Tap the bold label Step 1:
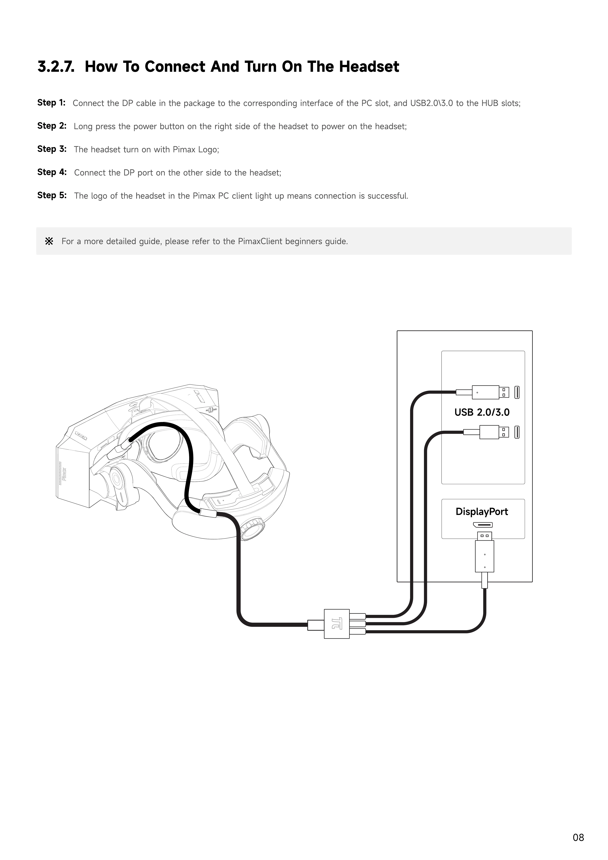[x=51, y=103]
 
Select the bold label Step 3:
[x=52, y=149]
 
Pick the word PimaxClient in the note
[x=260, y=241]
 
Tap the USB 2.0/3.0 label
[x=482, y=412]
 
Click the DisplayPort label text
[x=482, y=512]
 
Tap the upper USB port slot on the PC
[x=517, y=392]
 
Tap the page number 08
[x=578, y=838]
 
